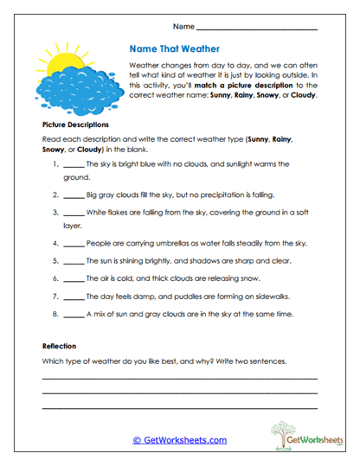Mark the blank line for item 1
[x=74, y=164]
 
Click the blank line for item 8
[x=74, y=315]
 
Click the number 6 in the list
[x=55, y=279]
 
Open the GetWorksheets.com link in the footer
[x=179, y=440]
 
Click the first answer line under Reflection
[x=179, y=378]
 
